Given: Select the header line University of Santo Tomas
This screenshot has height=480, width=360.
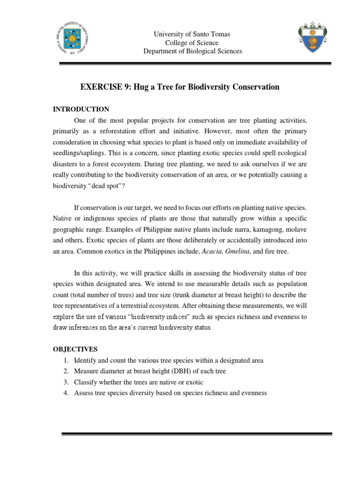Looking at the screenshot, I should (x=193, y=34).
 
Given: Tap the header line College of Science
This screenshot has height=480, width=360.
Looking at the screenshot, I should (x=193, y=43).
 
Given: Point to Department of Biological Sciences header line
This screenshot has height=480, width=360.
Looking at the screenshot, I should (x=193, y=51).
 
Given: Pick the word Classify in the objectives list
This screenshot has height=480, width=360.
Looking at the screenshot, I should (x=86, y=382).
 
